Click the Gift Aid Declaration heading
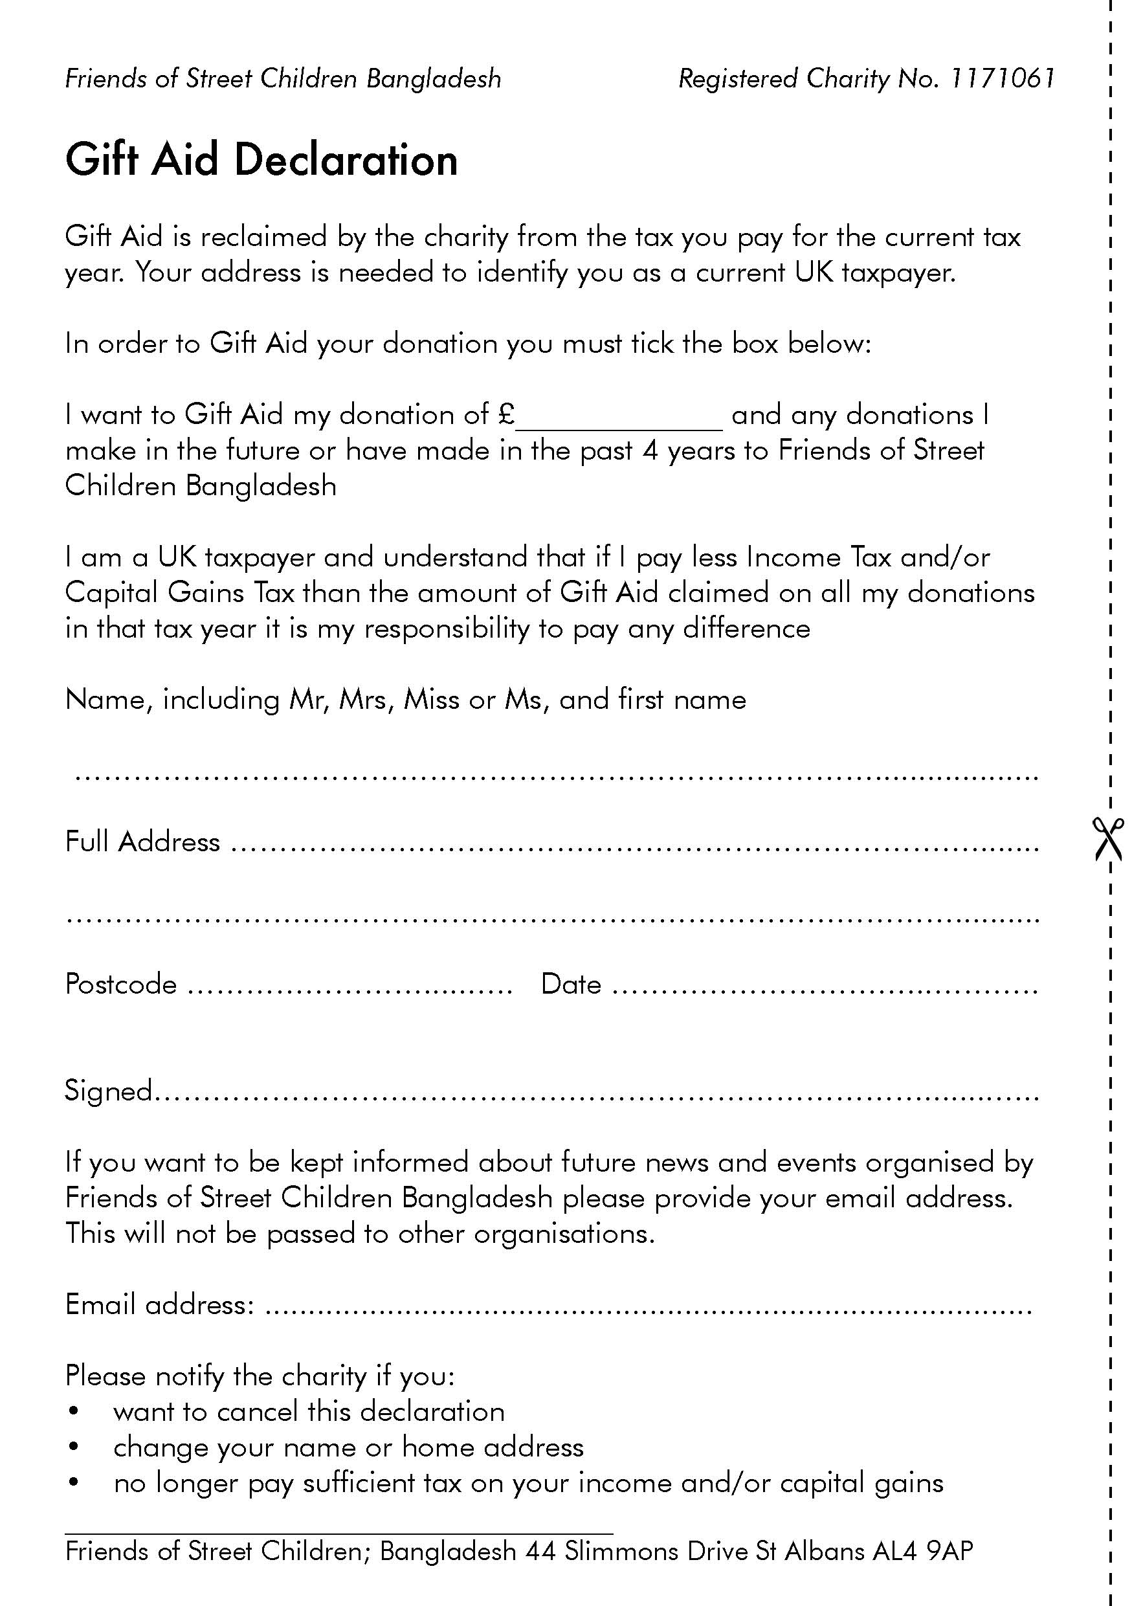point(261,160)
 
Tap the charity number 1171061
point(1001,78)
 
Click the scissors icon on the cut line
point(1109,839)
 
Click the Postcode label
point(121,985)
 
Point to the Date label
point(571,984)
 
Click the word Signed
point(108,1091)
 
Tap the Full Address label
point(142,842)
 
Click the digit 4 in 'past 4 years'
point(650,451)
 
